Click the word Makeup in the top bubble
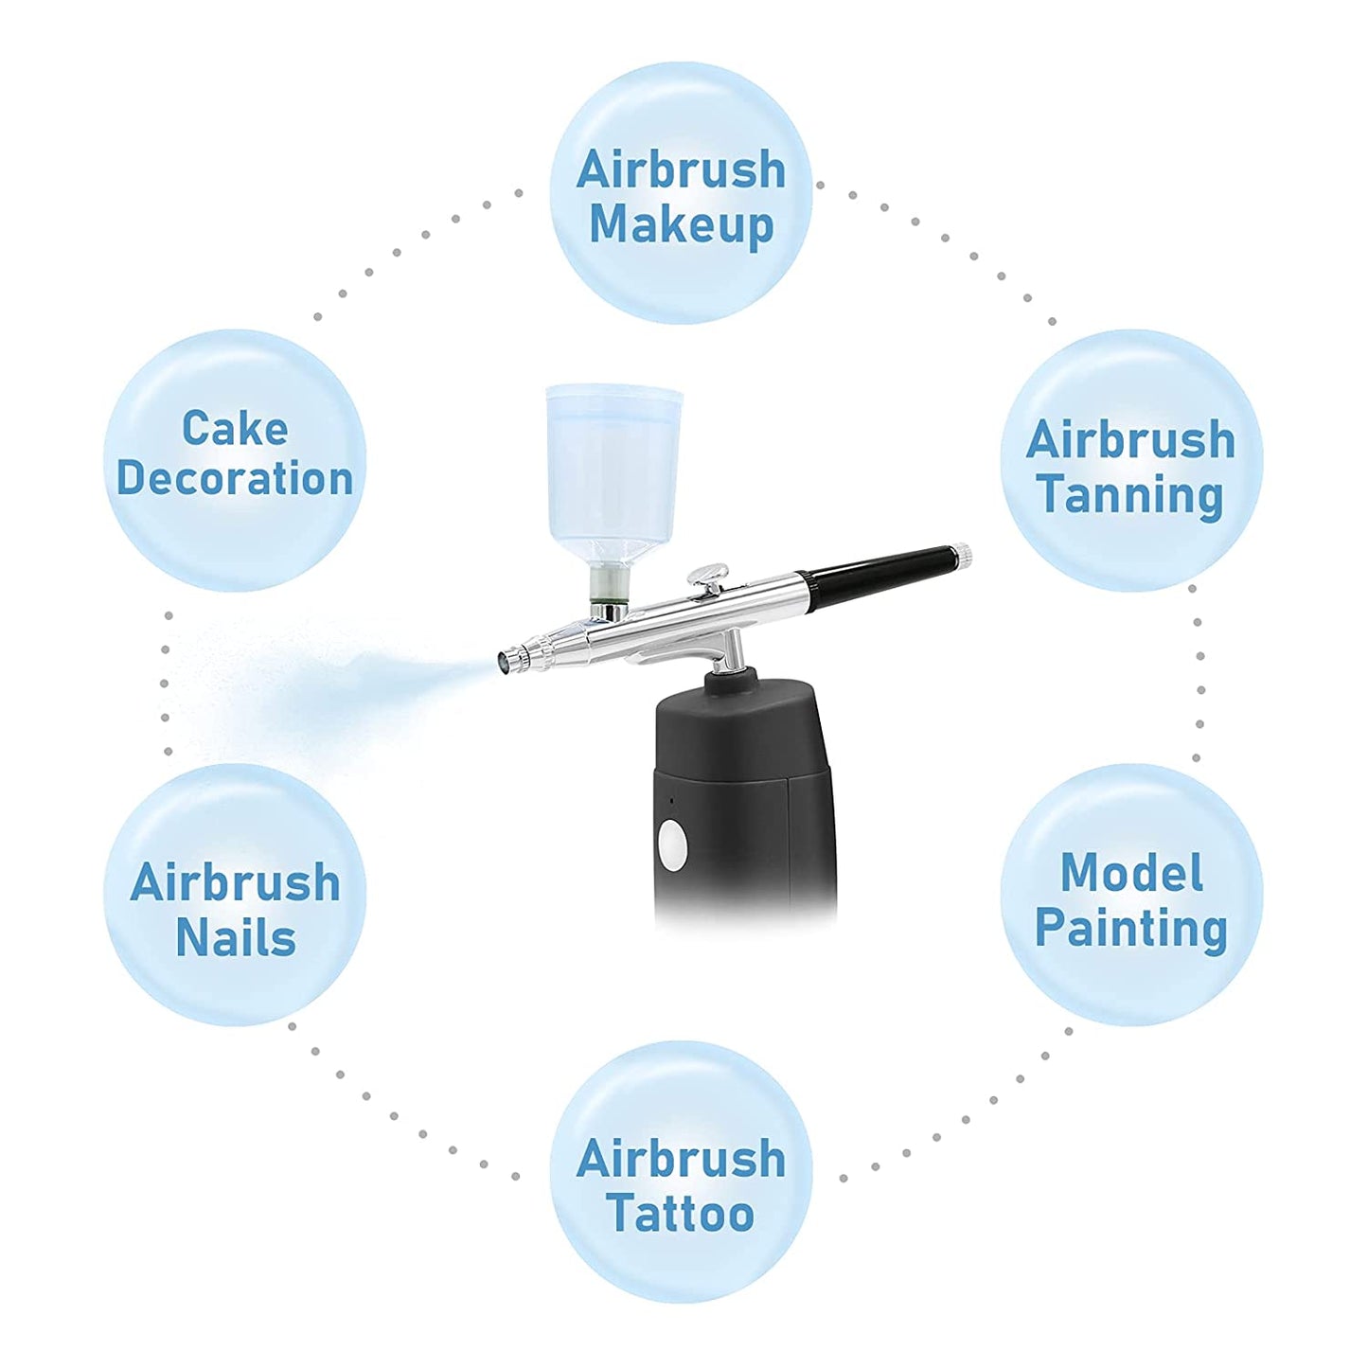[681, 225]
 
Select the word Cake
[235, 428]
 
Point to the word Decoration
[235, 478]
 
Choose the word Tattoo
[680, 1213]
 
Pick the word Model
[1131, 872]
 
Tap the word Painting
[1131, 928]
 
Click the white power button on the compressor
[672, 844]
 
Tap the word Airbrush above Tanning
[1130, 441]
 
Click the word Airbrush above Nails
[236, 882]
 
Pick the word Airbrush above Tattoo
[681, 1159]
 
